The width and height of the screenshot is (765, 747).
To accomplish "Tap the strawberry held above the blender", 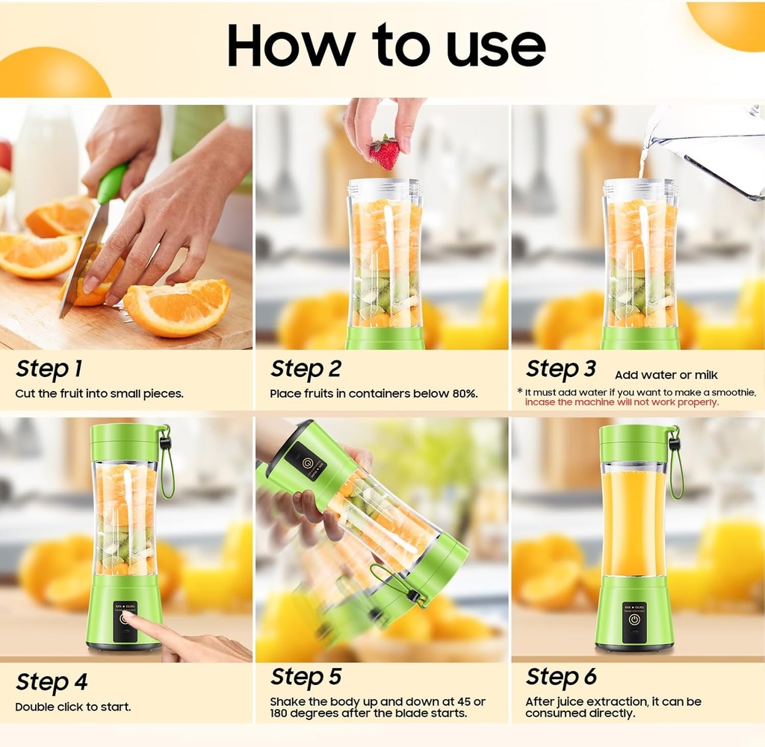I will tap(385, 153).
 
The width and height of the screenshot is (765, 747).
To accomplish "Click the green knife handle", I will tap(111, 184).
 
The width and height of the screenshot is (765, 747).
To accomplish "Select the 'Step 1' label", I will tap(49, 369).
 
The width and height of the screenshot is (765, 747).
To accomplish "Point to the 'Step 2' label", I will tap(306, 369).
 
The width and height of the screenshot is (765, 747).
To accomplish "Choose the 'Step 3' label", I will tap(560, 369).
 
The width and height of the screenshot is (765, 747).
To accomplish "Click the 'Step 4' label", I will tap(52, 682).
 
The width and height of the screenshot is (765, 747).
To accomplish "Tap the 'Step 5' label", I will tap(306, 676).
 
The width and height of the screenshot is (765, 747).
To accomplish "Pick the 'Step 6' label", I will tap(561, 676).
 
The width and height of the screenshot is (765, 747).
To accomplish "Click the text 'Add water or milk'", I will tap(666, 375).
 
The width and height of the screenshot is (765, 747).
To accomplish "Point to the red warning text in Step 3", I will tap(621, 402).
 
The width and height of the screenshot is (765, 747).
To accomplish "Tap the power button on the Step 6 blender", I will tap(634, 619).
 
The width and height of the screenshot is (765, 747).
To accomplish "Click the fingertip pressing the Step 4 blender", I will tap(128, 616).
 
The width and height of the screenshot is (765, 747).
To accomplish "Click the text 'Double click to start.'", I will tap(72, 706).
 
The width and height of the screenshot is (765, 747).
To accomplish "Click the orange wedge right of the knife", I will tap(178, 306).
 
